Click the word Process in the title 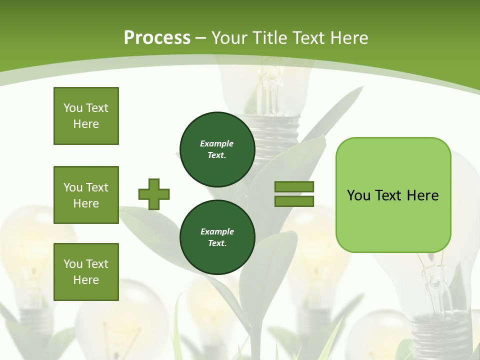click(x=157, y=38)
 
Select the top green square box click(x=86, y=116)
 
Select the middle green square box click(x=86, y=195)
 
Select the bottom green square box click(x=86, y=272)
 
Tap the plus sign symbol click(x=154, y=194)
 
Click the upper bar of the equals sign click(x=294, y=186)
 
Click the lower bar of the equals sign click(x=294, y=201)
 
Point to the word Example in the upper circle click(x=216, y=143)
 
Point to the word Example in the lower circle click(x=217, y=231)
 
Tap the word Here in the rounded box click(x=422, y=195)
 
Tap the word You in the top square click(x=72, y=108)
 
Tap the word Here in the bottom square click(x=86, y=280)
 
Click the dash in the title click(x=201, y=38)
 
